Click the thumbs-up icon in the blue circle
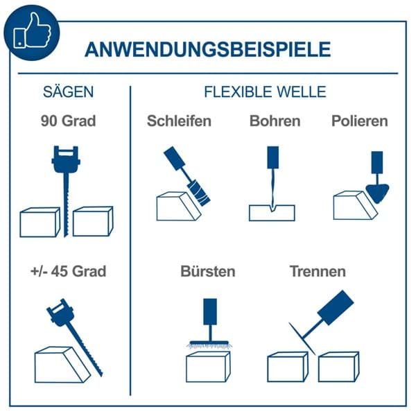pos(32,31)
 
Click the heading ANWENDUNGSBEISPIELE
pos(207,49)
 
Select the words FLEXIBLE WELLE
pos(265,92)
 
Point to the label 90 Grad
pos(68,121)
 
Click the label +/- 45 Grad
pos(68,271)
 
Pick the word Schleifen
pos(179,121)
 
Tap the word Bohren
pos(275,121)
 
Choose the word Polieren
pos(359,121)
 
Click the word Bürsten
pos(208,271)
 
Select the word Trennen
pos(318,271)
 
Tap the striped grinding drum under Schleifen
pos(199,193)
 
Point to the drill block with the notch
pos(272,214)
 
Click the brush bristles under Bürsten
pos(209,346)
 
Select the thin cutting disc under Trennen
pos(302,338)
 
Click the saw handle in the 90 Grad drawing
pos(66,159)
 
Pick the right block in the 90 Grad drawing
pos(93,221)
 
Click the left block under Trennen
pos(288,367)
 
